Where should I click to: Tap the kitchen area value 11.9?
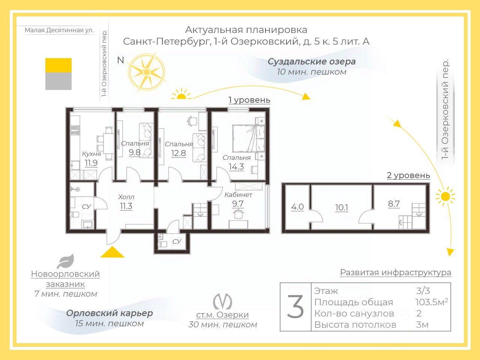point(91,163)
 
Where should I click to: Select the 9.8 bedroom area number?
point(135,152)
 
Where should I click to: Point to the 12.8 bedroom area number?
point(178,153)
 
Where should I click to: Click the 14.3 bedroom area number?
point(236,167)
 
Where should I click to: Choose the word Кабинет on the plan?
point(238,195)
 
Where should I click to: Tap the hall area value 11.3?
point(126,206)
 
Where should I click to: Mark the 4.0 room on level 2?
point(297,207)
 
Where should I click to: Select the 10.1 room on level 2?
point(342,207)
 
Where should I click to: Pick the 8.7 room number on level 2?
point(394,204)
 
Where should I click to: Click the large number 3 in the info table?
point(295,307)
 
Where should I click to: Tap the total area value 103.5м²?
point(431,302)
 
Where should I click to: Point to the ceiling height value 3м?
point(422,324)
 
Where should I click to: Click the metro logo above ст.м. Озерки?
point(222,301)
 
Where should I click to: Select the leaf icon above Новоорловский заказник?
point(65,261)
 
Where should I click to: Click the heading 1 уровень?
point(249,100)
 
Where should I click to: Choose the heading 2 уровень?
point(408,175)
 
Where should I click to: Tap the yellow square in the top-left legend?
point(58,65)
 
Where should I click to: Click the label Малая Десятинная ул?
point(59,30)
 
